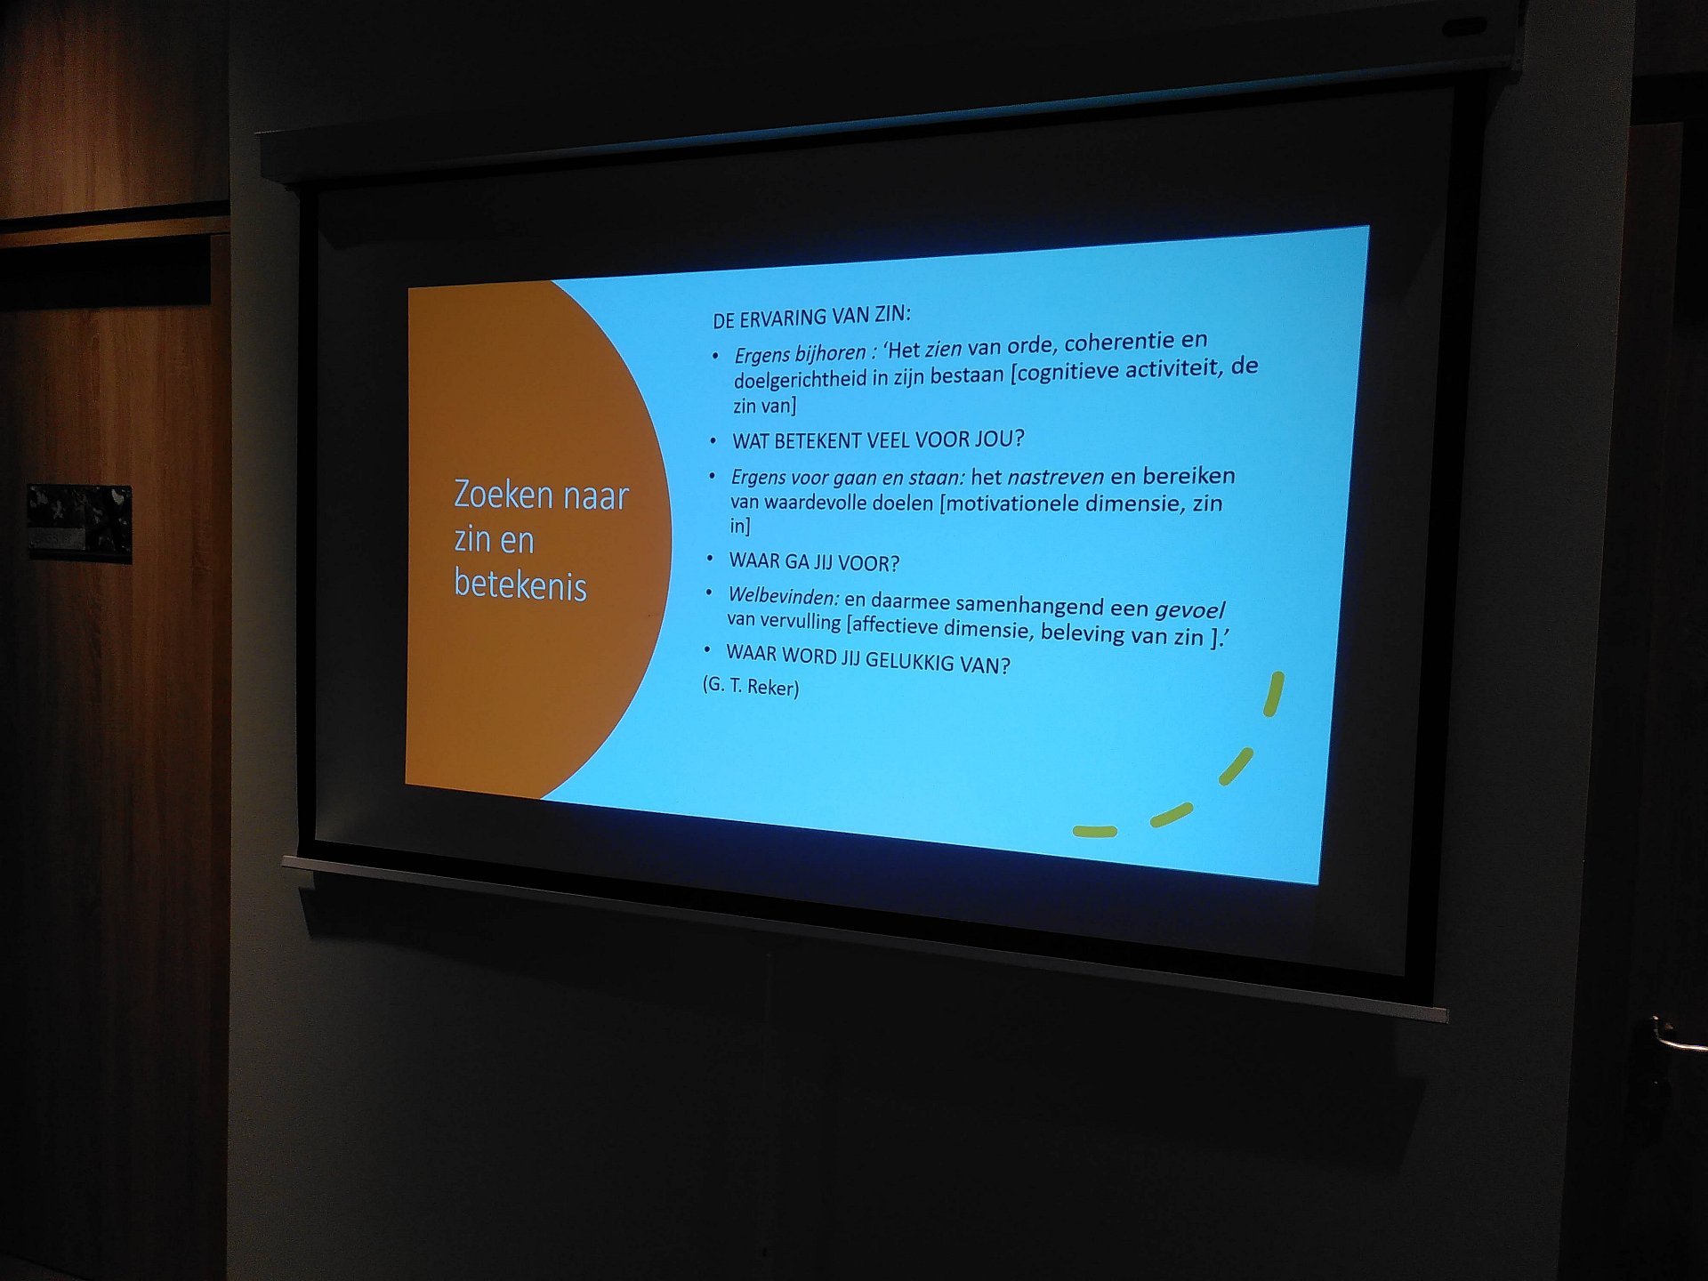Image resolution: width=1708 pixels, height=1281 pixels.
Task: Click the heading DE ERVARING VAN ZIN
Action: pos(811,317)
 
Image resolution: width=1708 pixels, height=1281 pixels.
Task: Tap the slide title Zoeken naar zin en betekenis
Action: pos(541,540)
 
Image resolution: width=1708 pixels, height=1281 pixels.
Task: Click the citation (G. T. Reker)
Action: pos(751,686)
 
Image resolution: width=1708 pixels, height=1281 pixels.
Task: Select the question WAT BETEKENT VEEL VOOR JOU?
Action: pos(878,439)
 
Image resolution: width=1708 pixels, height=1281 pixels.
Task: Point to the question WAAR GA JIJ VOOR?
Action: pos(814,562)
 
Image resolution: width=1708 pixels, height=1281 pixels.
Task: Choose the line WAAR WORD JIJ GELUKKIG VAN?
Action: pos(868,659)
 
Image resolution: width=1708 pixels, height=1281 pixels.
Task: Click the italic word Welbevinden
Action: pos(783,597)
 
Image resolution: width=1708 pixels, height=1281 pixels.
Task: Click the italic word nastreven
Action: pos(1055,478)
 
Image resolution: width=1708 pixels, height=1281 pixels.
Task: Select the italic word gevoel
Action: pos(1189,610)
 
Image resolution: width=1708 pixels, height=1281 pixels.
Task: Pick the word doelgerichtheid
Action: pos(800,380)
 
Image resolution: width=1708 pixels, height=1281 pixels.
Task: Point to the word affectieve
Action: pos(896,625)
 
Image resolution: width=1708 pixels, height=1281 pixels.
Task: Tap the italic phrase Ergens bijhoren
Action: pos(800,354)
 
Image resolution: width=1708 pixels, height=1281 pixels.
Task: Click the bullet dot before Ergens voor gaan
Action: pos(712,477)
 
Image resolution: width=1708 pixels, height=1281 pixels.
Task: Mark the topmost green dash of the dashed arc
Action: pos(1274,694)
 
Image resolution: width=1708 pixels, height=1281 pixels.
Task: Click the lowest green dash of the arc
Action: pos(1094,832)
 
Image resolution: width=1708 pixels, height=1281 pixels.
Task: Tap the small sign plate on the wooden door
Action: pos(79,523)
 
